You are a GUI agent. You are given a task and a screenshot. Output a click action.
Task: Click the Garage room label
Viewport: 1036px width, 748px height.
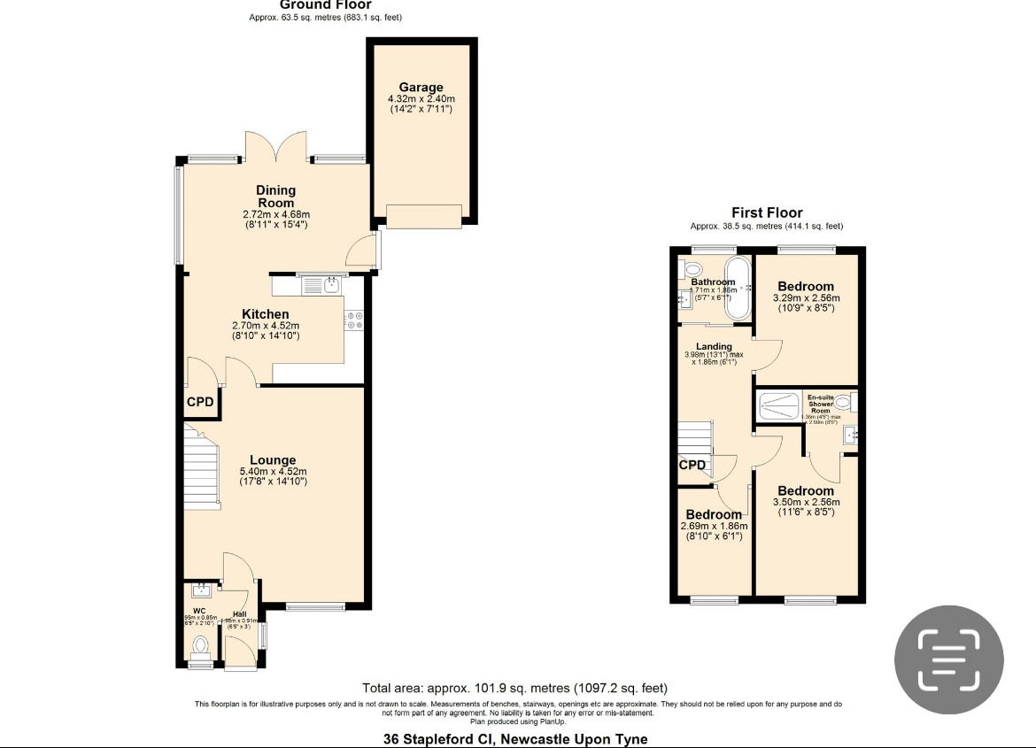click(x=421, y=88)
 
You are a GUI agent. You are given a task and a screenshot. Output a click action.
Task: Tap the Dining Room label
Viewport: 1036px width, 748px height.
click(x=275, y=197)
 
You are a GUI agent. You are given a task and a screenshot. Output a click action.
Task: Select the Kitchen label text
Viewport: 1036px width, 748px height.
click(x=266, y=314)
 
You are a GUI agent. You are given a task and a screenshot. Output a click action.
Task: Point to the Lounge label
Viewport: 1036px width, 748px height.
click(x=273, y=460)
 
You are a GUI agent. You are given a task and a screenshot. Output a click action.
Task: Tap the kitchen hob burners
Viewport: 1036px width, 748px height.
click(x=355, y=320)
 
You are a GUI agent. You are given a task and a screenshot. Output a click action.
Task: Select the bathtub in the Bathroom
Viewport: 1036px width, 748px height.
click(x=737, y=288)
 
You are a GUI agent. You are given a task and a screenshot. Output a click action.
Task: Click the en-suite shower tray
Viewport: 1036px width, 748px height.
click(x=779, y=407)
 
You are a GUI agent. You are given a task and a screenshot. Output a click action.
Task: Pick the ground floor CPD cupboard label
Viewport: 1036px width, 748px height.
click(x=200, y=403)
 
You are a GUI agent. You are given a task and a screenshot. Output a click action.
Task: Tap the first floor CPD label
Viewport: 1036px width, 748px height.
click(x=692, y=465)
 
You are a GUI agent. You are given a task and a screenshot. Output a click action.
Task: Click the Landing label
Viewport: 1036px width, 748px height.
click(x=714, y=346)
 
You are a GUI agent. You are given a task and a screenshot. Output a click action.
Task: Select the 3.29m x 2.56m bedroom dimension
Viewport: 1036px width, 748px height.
click(x=806, y=298)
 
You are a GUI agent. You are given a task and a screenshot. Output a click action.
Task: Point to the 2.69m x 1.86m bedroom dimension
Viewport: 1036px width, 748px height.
click(x=713, y=526)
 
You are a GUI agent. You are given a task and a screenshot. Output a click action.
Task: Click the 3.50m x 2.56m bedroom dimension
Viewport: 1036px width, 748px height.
click(x=806, y=502)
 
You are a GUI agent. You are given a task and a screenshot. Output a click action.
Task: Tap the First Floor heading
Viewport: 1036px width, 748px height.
click(x=767, y=212)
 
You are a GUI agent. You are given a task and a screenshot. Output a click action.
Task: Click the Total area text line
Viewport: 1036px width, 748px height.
click(x=514, y=688)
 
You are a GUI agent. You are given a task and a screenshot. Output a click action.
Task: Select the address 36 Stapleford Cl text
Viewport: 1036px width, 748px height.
click(x=514, y=739)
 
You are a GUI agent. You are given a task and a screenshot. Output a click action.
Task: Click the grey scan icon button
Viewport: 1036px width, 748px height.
click(x=948, y=659)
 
